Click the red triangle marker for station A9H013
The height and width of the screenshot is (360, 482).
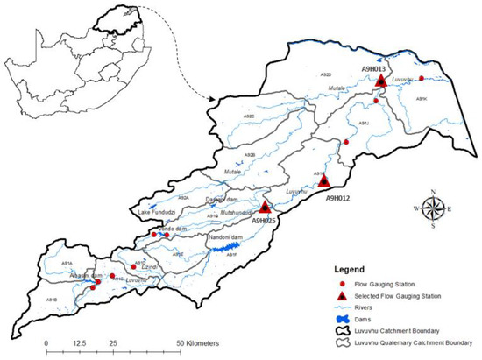click(x=381, y=81)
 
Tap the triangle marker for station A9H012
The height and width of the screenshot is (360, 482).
click(x=324, y=180)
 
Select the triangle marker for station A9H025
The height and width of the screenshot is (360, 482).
click(x=266, y=208)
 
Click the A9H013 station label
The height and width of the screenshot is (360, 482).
click(x=378, y=67)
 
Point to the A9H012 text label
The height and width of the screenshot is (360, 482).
click(x=337, y=198)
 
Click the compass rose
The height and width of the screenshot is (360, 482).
click(x=433, y=208)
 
